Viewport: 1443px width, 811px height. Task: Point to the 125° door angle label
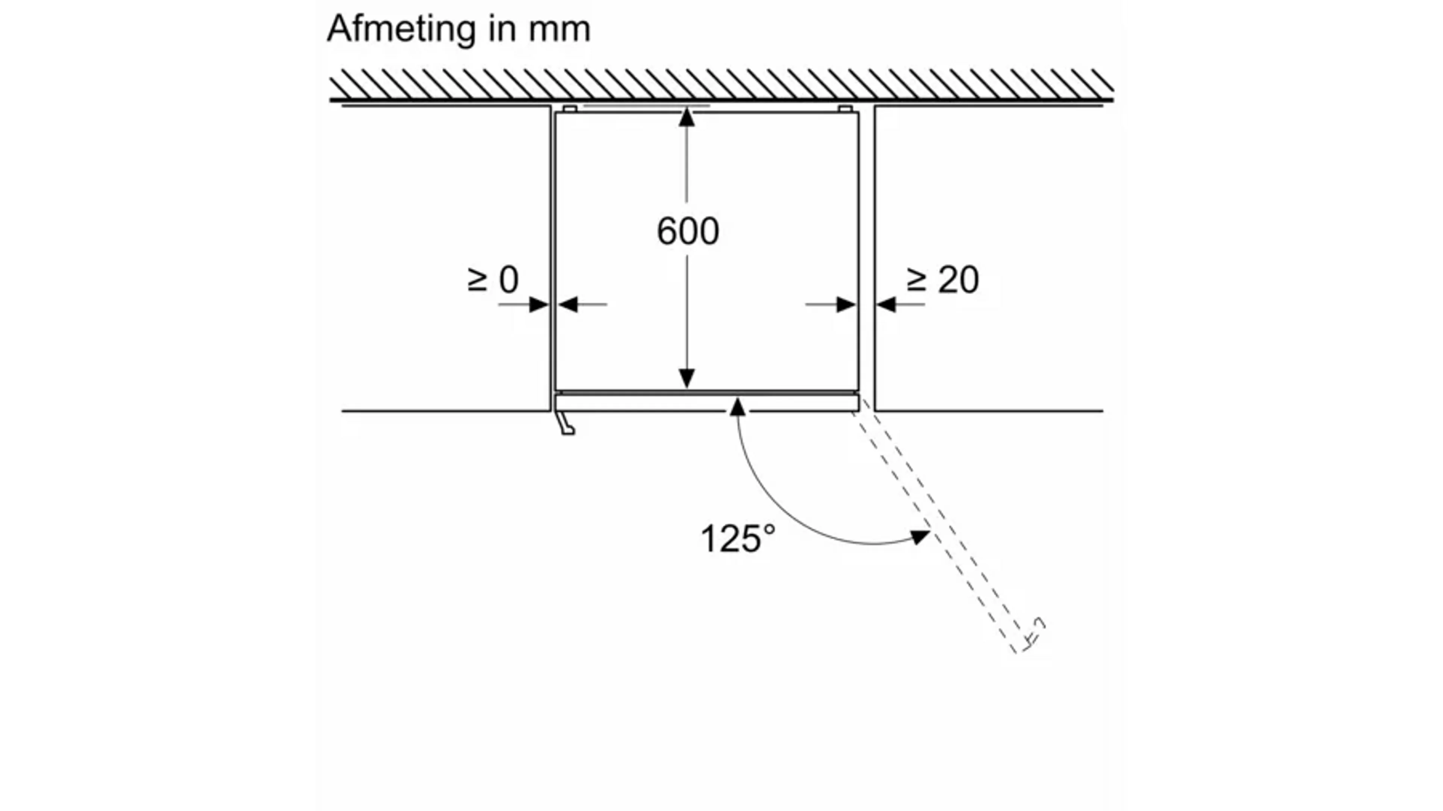(738, 539)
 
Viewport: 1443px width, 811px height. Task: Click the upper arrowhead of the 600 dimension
(687, 117)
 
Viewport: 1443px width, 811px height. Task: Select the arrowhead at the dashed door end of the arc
(920, 536)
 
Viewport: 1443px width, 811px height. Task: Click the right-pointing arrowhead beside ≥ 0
(539, 305)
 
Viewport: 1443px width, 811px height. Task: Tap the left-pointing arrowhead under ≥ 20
(886, 305)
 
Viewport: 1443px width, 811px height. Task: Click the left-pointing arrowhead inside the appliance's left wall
(568, 305)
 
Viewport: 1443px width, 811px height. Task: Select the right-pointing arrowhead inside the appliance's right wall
(846, 305)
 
